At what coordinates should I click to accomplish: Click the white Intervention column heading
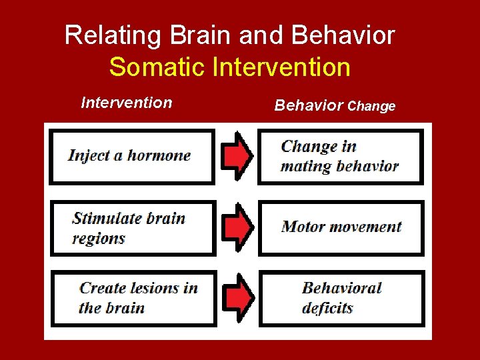(x=126, y=103)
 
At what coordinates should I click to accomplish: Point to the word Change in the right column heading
(x=371, y=106)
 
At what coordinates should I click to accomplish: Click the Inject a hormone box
(x=132, y=157)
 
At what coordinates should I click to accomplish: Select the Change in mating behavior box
(x=341, y=157)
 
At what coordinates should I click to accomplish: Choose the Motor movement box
(x=341, y=227)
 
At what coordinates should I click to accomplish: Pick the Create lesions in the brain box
(x=134, y=298)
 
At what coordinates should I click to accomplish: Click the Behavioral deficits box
(x=341, y=298)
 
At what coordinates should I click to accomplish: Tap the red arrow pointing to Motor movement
(x=237, y=227)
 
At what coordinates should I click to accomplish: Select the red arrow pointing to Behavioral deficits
(x=237, y=298)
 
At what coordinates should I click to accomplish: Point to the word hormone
(x=159, y=156)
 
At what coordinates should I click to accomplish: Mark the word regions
(x=99, y=238)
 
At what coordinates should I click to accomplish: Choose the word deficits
(x=327, y=308)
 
